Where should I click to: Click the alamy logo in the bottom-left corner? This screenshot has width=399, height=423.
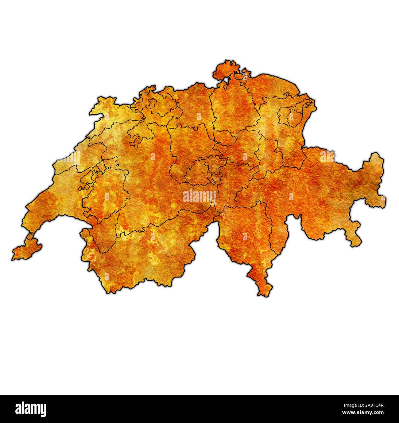tap(31, 409)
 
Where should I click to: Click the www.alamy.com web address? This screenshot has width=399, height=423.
tap(362, 413)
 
